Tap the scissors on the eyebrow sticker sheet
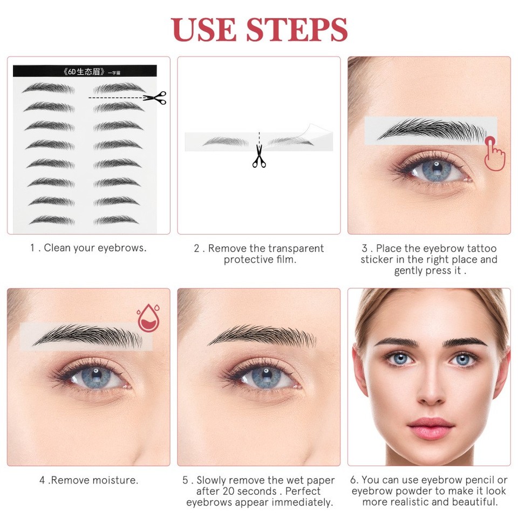click(155, 98)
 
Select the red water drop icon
click(148, 318)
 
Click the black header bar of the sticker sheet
click(85, 71)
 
